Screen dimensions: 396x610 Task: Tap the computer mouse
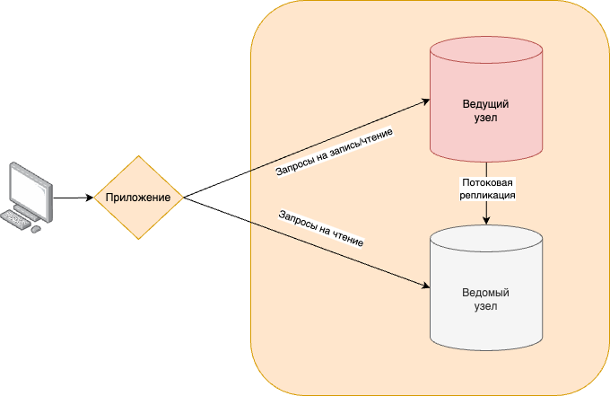click(x=36, y=228)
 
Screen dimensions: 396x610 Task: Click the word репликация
click(x=486, y=194)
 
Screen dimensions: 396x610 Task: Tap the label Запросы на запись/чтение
click(x=334, y=152)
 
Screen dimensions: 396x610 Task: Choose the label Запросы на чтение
click(x=321, y=230)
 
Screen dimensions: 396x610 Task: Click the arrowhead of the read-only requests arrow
click(x=425, y=286)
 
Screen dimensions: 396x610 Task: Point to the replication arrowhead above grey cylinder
click(x=486, y=220)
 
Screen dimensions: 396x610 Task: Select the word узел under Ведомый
click(x=486, y=307)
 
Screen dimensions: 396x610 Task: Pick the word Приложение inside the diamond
click(x=139, y=198)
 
